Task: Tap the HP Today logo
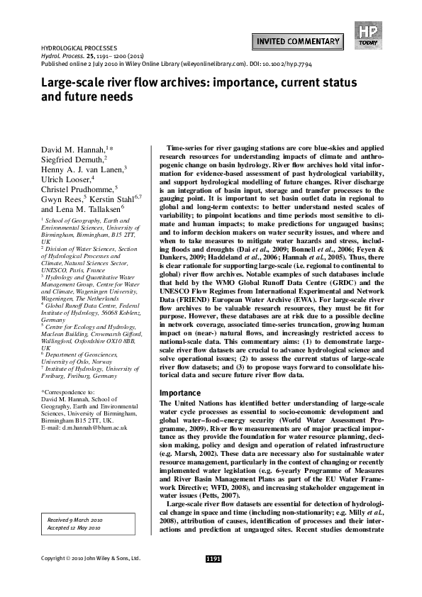point(367,34)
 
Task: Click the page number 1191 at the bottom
point(213,559)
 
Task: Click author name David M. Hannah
point(71,149)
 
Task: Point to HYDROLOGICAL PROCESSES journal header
point(73,45)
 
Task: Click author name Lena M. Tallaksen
point(79,211)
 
